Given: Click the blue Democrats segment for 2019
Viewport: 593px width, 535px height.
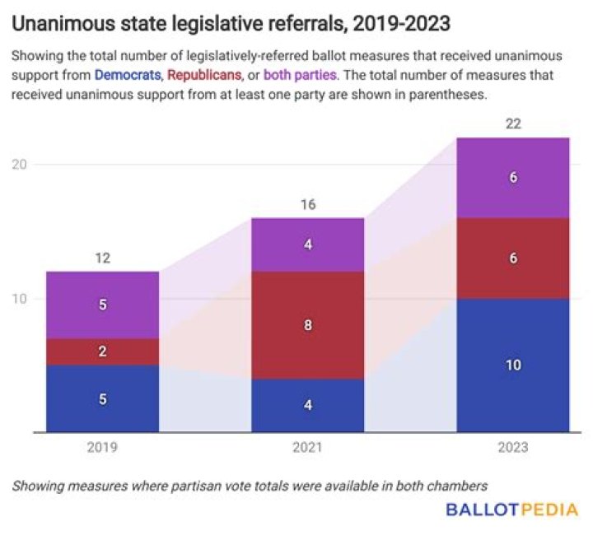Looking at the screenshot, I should (x=102, y=398).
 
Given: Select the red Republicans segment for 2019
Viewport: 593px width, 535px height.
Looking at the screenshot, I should (x=102, y=351).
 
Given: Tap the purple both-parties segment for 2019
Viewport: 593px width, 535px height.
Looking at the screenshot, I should (x=102, y=305).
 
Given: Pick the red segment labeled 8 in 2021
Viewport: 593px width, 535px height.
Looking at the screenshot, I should (x=307, y=325).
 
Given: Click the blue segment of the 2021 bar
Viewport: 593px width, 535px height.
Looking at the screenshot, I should (x=307, y=405).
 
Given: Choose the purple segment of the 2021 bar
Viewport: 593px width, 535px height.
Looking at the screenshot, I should (x=307, y=244).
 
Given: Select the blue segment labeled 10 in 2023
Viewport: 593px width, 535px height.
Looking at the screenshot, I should (x=513, y=365).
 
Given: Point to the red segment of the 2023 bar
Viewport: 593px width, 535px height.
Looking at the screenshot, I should (x=513, y=258).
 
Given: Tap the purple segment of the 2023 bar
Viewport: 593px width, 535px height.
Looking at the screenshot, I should (x=513, y=178).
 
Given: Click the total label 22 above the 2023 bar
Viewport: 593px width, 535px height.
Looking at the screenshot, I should (x=513, y=123).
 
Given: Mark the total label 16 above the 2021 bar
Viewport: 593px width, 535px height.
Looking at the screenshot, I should (x=307, y=204).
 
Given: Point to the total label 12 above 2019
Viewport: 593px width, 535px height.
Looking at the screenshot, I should (x=102, y=258).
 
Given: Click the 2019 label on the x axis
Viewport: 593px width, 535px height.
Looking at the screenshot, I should (x=102, y=449).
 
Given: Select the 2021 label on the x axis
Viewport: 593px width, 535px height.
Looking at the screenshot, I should (x=307, y=449).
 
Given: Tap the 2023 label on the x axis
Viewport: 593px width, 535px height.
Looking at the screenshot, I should (x=513, y=449).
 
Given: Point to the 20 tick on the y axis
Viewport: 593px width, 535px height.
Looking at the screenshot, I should (x=20, y=164).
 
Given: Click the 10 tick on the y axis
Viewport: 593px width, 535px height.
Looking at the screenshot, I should (x=20, y=298).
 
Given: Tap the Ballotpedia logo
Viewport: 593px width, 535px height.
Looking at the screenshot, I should (x=511, y=510).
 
